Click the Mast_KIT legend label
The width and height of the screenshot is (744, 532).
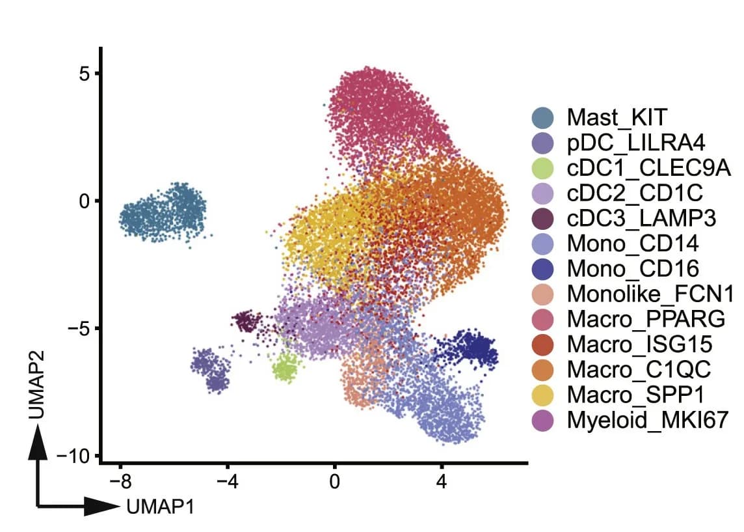coord(617,117)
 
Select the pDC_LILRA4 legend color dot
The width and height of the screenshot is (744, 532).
coord(542,143)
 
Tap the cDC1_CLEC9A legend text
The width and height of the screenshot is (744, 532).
coord(648,168)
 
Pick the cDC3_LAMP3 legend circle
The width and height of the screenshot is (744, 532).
coord(542,219)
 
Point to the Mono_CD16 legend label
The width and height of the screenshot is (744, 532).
coord(633,269)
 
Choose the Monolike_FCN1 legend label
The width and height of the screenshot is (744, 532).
coord(650,294)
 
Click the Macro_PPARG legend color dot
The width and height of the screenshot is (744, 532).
coord(542,319)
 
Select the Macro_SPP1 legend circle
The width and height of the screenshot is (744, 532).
coord(542,395)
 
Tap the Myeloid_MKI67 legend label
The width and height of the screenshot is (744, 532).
coord(647,421)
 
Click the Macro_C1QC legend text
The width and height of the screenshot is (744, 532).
coord(639,370)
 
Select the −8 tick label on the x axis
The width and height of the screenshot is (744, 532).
coord(120,482)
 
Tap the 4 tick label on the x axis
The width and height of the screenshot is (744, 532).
coord(442,482)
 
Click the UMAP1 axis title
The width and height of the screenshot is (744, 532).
coord(161,507)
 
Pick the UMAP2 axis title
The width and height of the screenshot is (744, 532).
coord(37,385)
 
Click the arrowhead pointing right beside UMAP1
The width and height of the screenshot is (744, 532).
coord(101,507)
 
